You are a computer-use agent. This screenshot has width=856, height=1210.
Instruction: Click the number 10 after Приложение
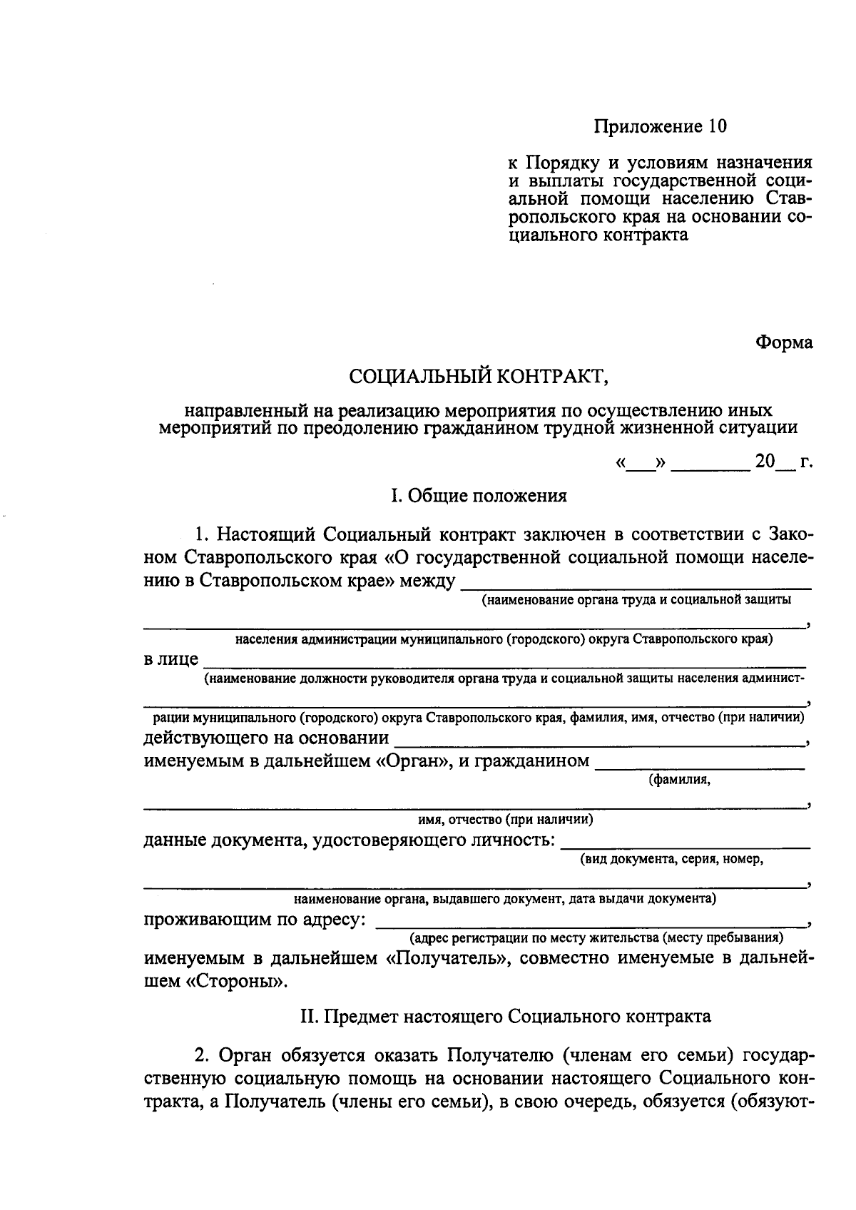coord(717,127)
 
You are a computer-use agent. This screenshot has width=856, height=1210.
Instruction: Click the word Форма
coord(784,343)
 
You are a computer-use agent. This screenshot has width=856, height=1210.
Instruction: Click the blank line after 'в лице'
coord(504,661)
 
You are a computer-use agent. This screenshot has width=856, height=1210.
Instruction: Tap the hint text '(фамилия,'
coord(679,780)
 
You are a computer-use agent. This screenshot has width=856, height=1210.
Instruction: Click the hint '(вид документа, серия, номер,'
coord(671,859)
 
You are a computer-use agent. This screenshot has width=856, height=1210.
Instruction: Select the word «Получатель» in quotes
coord(447,958)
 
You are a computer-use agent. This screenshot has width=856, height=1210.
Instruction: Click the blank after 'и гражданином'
coord(699,763)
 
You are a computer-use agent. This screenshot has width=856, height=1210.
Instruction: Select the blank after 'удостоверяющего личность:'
coord(685,843)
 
